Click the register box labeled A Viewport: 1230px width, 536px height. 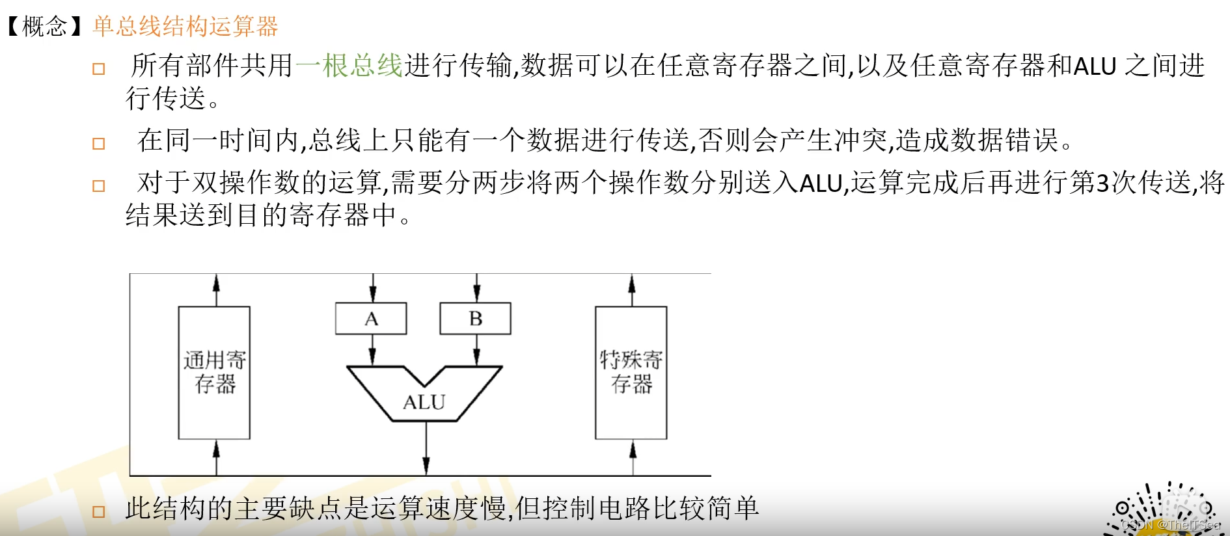pyautogui.click(x=371, y=319)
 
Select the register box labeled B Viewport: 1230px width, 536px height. pyautogui.click(x=475, y=319)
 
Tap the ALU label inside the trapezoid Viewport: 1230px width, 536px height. pyautogui.click(x=424, y=403)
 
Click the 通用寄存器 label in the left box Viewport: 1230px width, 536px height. pyautogui.click(x=215, y=372)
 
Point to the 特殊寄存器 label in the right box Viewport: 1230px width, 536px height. pyautogui.click(x=631, y=372)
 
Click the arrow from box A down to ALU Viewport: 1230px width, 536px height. pyautogui.click(x=372, y=351)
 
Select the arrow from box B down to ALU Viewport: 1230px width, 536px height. pyautogui.click(x=476, y=351)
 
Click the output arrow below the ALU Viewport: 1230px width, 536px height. pyautogui.click(x=426, y=449)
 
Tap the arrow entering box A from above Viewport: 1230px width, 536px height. pyautogui.click(x=372, y=288)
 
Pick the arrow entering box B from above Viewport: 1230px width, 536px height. pyautogui.click(x=476, y=288)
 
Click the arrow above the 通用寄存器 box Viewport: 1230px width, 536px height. pyautogui.click(x=216, y=290)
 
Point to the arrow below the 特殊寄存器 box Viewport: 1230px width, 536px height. pyautogui.click(x=633, y=457)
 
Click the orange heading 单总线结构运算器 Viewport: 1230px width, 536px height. pyautogui.click(x=185, y=27)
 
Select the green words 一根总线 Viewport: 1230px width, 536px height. pyautogui.click(x=349, y=66)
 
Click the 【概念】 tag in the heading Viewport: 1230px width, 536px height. pyautogui.click(x=44, y=27)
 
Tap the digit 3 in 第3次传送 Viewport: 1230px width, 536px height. pyautogui.click(x=1102, y=183)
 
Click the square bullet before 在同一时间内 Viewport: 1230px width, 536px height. pyautogui.click(x=99, y=144)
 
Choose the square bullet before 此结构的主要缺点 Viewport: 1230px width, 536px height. pyautogui.click(x=99, y=512)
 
